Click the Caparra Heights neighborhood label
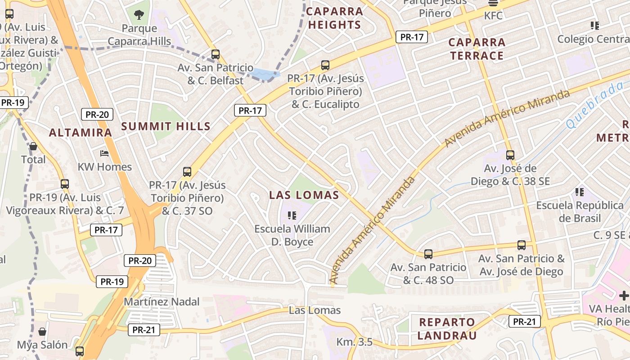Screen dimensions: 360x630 click(335, 18)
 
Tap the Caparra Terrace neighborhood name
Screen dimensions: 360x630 click(477, 49)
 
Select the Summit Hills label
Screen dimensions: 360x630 click(166, 126)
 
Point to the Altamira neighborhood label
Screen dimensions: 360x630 click(80, 133)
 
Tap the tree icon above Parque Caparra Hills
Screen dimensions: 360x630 click(139, 14)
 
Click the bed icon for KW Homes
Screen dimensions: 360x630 click(104, 153)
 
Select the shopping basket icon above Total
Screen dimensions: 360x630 click(33, 146)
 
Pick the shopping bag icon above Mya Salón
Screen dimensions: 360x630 click(42, 332)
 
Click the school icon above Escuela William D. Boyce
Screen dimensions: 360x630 click(292, 216)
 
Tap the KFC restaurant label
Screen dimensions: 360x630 click(493, 16)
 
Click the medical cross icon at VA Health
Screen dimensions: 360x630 click(624, 296)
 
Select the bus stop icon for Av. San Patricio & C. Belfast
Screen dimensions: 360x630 click(216, 54)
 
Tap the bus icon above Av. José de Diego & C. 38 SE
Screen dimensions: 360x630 click(510, 155)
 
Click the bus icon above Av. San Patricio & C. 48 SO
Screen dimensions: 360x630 click(428, 254)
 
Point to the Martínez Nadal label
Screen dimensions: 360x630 click(162, 301)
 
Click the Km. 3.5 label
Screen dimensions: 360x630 click(355, 342)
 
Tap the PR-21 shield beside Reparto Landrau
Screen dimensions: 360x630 click(524, 321)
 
